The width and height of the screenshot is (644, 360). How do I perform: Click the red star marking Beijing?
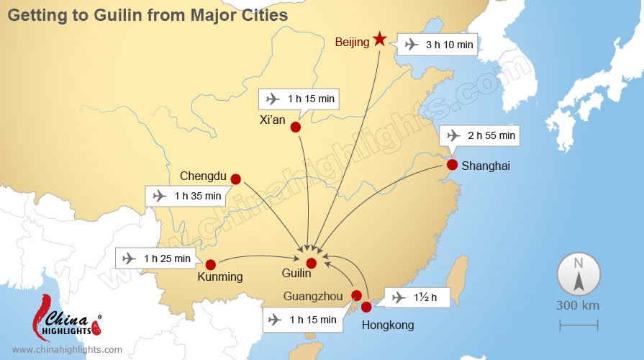[380, 40]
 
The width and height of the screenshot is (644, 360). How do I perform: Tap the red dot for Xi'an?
[295, 127]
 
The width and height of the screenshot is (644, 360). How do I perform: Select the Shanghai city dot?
[452, 165]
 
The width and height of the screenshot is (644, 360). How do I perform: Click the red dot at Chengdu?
[235, 179]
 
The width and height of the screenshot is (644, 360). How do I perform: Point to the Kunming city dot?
[211, 264]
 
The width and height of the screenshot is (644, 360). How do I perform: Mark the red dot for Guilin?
[311, 263]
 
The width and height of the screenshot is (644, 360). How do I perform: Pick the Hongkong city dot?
[366, 307]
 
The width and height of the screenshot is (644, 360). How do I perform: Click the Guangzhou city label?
[312, 296]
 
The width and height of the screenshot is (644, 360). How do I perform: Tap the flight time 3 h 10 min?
[449, 45]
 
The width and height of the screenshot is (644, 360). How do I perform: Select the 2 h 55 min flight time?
[491, 135]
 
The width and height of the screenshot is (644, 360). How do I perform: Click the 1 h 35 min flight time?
[197, 196]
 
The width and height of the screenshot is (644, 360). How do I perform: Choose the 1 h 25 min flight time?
[167, 258]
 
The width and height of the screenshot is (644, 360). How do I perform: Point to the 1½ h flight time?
[424, 297]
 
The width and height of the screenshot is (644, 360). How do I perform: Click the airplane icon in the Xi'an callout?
[273, 99]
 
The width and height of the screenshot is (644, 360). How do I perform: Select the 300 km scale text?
[577, 305]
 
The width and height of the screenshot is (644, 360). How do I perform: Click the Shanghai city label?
[486, 166]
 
